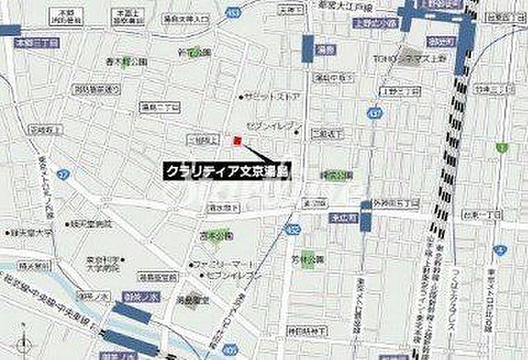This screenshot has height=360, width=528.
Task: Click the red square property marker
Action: (x=237, y=140)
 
